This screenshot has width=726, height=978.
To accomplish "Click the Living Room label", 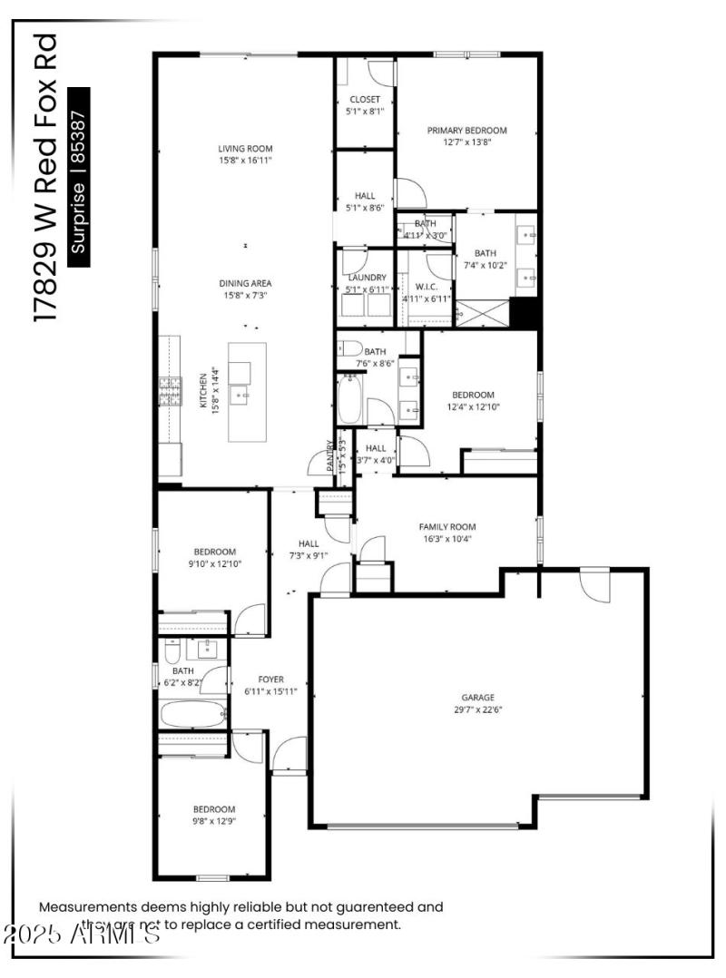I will pos(245,149).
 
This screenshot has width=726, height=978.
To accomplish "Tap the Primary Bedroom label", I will pos(467,131).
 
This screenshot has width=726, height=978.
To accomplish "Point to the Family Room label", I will pos(446,526).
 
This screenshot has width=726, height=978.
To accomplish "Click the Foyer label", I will pos(270,679).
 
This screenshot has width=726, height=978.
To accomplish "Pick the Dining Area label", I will pos(245,283).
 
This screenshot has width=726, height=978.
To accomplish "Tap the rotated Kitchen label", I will pos(204,391).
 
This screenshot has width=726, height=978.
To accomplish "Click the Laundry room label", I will pos(367,278).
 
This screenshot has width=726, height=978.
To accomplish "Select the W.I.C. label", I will pos(427,288).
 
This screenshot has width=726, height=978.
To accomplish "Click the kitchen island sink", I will pos(240,396).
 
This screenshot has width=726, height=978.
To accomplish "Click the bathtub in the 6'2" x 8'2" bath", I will pos(192,713).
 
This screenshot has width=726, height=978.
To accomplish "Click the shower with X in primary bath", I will pos(482,312).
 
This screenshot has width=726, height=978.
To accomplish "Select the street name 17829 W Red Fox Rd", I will pos(45,177).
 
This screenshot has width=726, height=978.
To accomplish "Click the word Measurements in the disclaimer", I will pos(87,906).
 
